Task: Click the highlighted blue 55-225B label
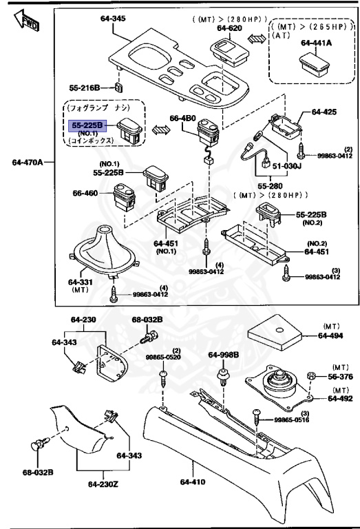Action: point(87,126)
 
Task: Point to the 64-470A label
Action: point(27,163)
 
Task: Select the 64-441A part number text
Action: point(316,43)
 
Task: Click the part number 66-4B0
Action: point(181,118)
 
